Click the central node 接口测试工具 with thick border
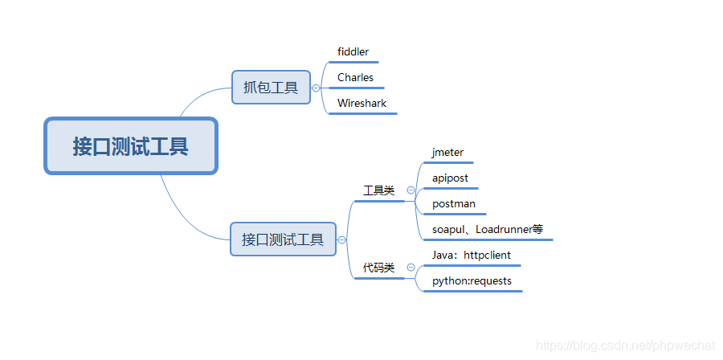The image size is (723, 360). [131, 146]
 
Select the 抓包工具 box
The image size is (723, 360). [271, 88]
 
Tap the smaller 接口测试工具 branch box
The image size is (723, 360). [283, 239]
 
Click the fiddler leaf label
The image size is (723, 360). [353, 52]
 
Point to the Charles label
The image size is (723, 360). [355, 78]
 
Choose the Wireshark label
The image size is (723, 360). [361, 104]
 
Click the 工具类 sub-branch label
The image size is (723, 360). [378, 191]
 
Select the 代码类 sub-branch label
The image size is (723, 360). [378, 268]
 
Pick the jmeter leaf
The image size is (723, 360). [447, 152]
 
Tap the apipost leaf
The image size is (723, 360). [450, 178]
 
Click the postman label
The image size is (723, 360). [453, 203]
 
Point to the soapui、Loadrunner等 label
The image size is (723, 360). [487, 229]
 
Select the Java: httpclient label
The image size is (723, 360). [471, 255]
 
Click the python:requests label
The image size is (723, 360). [472, 280]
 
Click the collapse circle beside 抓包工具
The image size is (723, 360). [317, 88]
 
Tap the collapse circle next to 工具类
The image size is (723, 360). [411, 190]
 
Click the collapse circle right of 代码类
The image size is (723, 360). [411, 267]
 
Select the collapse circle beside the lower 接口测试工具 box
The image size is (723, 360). [342, 239]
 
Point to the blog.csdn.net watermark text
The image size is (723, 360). [624, 346]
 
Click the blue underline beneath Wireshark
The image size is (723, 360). [362, 113]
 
